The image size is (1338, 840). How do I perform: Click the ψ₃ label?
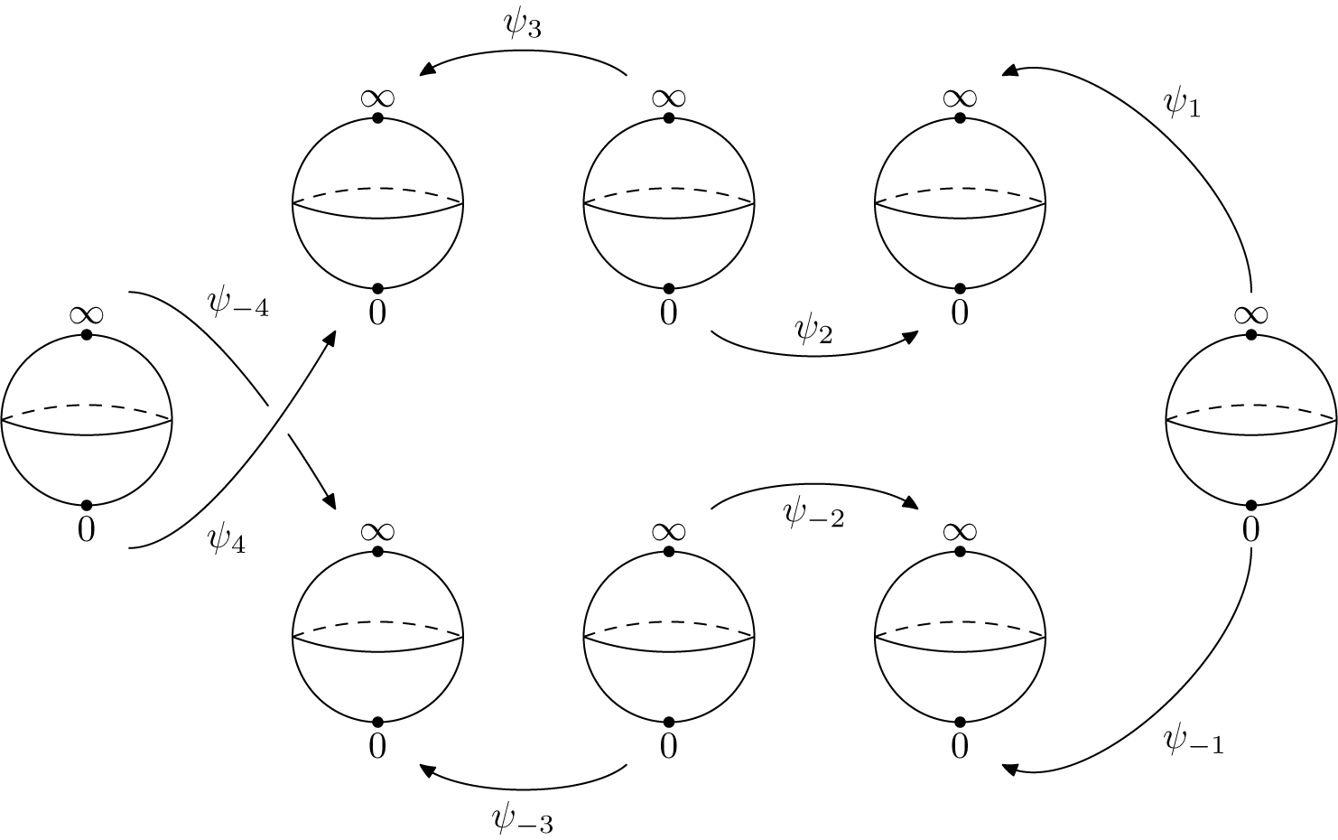[523, 25]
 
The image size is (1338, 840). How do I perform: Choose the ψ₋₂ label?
[813, 515]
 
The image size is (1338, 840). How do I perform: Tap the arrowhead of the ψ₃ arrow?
[426, 70]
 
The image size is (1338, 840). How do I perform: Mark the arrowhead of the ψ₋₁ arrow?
[1010, 769]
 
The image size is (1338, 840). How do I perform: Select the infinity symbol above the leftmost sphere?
[86, 315]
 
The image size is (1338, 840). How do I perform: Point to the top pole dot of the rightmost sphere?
[1250, 335]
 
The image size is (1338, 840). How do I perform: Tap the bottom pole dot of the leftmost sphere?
[87, 505]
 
